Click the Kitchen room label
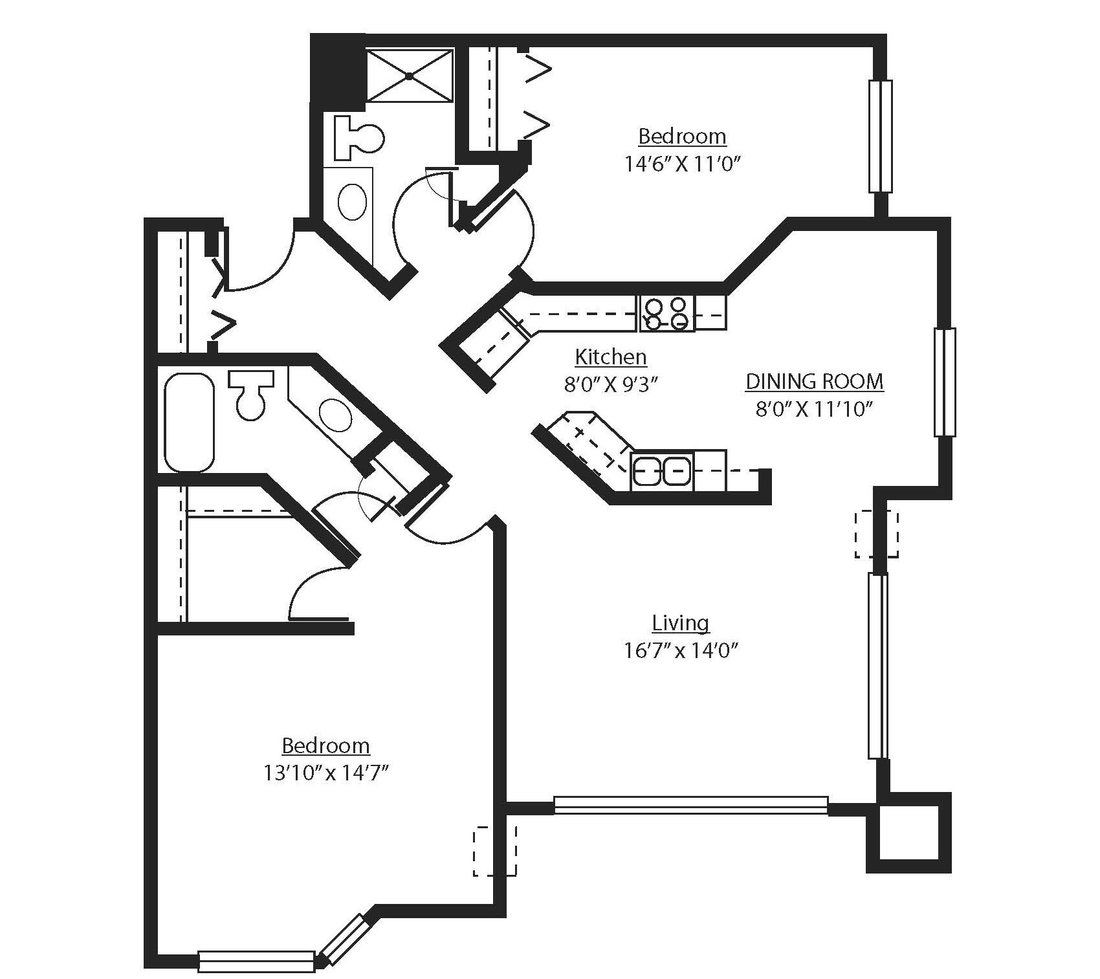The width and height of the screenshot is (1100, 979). coord(611,357)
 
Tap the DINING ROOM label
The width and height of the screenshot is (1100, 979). coord(814,382)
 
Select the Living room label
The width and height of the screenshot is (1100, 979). coord(680,623)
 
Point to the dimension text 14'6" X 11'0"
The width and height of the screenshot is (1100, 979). coord(681,164)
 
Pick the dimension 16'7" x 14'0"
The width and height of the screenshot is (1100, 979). coord(681,651)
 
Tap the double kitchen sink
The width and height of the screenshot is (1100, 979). coord(661,470)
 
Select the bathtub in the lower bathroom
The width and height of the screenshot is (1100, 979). coord(189,421)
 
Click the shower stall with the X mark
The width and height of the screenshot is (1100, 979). coord(410,76)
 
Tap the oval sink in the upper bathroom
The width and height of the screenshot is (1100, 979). coord(353,201)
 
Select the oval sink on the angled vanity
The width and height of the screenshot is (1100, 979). coord(335,415)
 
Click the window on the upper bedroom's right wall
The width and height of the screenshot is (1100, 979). coord(880,136)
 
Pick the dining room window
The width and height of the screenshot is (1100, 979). coord(945,382)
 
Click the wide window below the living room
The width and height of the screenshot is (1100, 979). coord(690,806)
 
